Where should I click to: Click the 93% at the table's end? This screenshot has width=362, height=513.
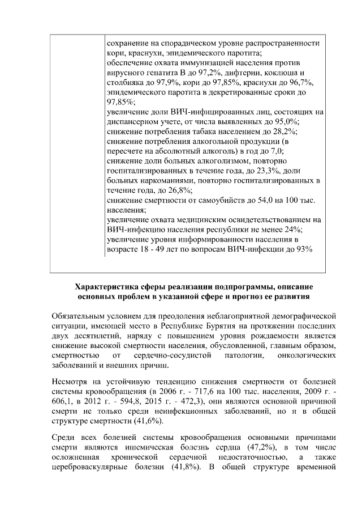coord(301,248)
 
